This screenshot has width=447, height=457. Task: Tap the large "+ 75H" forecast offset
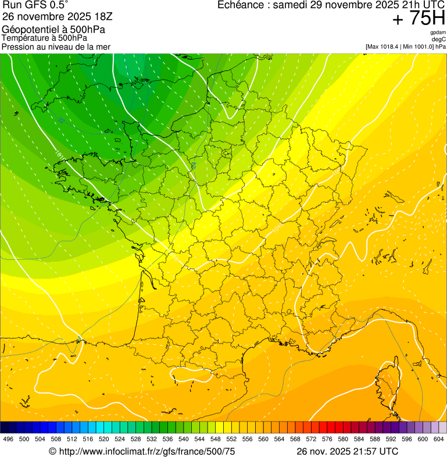pyautogui.click(x=419, y=19)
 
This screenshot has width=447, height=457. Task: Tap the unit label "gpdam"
pyautogui.click(x=438, y=33)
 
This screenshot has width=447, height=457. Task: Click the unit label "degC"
pyautogui.click(x=439, y=40)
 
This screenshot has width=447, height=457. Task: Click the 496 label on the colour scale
pyautogui.click(x=8, y=440)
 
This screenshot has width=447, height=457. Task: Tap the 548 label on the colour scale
pyautogui.click(x=215, y=440)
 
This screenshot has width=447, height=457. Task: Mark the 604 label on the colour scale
pyautogui.click(x=438, y=440)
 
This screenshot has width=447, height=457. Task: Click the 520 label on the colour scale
pyautogui.click(x=103, y=440)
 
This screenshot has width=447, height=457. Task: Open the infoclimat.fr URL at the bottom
pyautogui.click(x=147, y=451)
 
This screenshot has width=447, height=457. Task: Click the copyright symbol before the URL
pyautogui.click(x=52, y=451)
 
